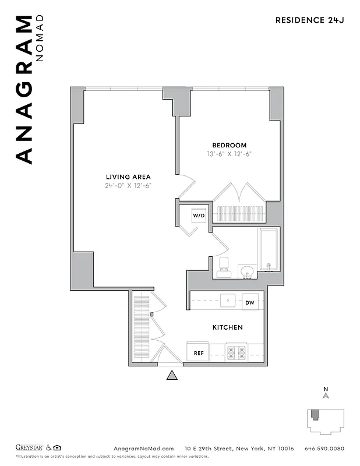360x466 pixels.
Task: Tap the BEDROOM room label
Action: pos(229,145)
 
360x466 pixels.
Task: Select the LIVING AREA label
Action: pos(128,176)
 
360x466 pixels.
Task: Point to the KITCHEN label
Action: pos(227,327)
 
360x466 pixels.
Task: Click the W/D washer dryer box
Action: pos(198,216)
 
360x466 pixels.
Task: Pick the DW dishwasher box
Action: pos(250,302)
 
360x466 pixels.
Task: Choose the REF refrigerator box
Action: pos(198,352)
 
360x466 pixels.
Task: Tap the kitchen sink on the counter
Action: pos(227,301)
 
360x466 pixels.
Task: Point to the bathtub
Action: pos(269,249)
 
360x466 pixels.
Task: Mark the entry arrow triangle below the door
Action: pos(172,376)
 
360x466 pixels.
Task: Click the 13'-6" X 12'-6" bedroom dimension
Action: pos(229,154)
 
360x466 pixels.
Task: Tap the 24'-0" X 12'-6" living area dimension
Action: pos(128,186)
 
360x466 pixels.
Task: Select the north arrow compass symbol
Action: pos(326,394)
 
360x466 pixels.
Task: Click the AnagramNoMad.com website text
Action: pos(143,449)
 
